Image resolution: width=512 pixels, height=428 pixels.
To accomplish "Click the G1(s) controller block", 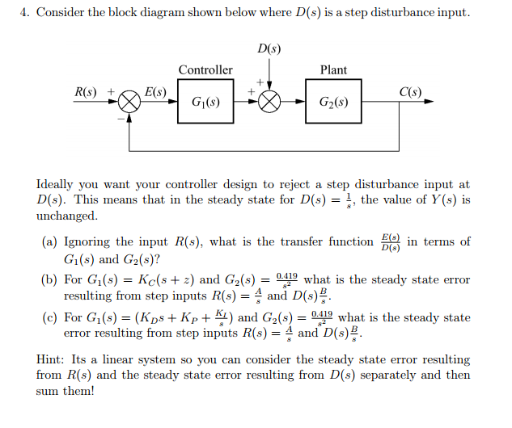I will pyautogui.click(x=205, y=103).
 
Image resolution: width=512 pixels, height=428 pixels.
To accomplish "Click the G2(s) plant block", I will pyautogui.click(x=333, y=103).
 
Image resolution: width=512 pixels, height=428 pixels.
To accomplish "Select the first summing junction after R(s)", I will pyautogui.click(x=129, y=103).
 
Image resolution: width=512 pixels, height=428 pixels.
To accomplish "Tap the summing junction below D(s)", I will pyautogui.click(x=269, y=103).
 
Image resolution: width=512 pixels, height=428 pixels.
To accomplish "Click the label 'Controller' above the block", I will pyautogui.click(x=205, y=70).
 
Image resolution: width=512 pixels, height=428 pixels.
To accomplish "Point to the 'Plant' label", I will pyautogui.click(x=333, y=70).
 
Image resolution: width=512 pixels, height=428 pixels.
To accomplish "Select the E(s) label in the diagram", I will pyautogui.click(x=154, y=92).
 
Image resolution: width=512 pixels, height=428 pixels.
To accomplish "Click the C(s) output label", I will pyautogui.click(x=410, y=92).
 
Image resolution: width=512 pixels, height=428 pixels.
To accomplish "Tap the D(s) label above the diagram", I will pyautogui.click(x=269, y=49).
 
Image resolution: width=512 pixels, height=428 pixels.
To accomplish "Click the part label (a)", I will pyautogui.click(x=49, y=242).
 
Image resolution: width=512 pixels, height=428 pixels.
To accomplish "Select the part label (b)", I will pyautogui.click(x=49, y=280).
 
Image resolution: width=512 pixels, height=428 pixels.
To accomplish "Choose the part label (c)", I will pyautogui.click(x=49, y=318).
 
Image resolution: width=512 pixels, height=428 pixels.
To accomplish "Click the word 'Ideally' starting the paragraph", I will pyautogui.click(x=59, y=185).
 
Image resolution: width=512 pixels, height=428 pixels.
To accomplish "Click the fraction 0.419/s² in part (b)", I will pyautogui.click(x=288, y=280).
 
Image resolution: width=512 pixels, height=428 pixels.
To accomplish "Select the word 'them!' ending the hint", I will pyautogui.click(x=77, y=391).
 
